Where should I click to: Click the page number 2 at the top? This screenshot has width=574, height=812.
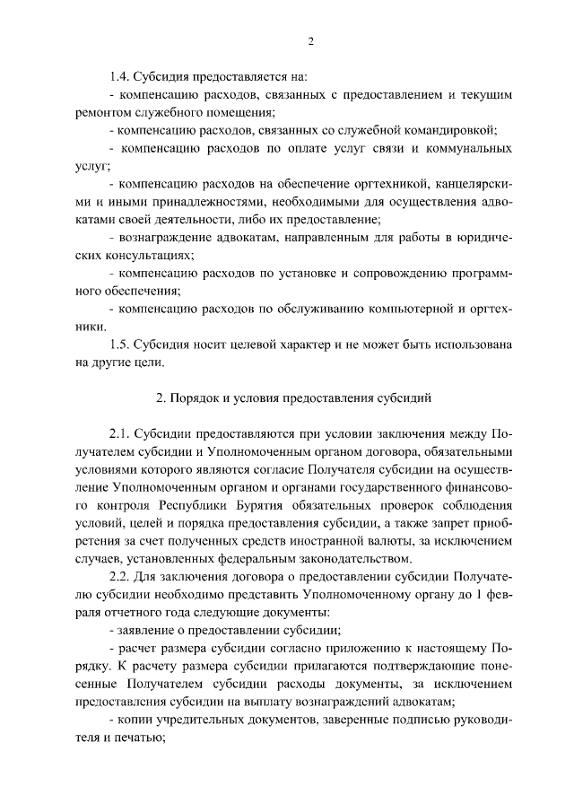pyautogui.click(x=309, y=40)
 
